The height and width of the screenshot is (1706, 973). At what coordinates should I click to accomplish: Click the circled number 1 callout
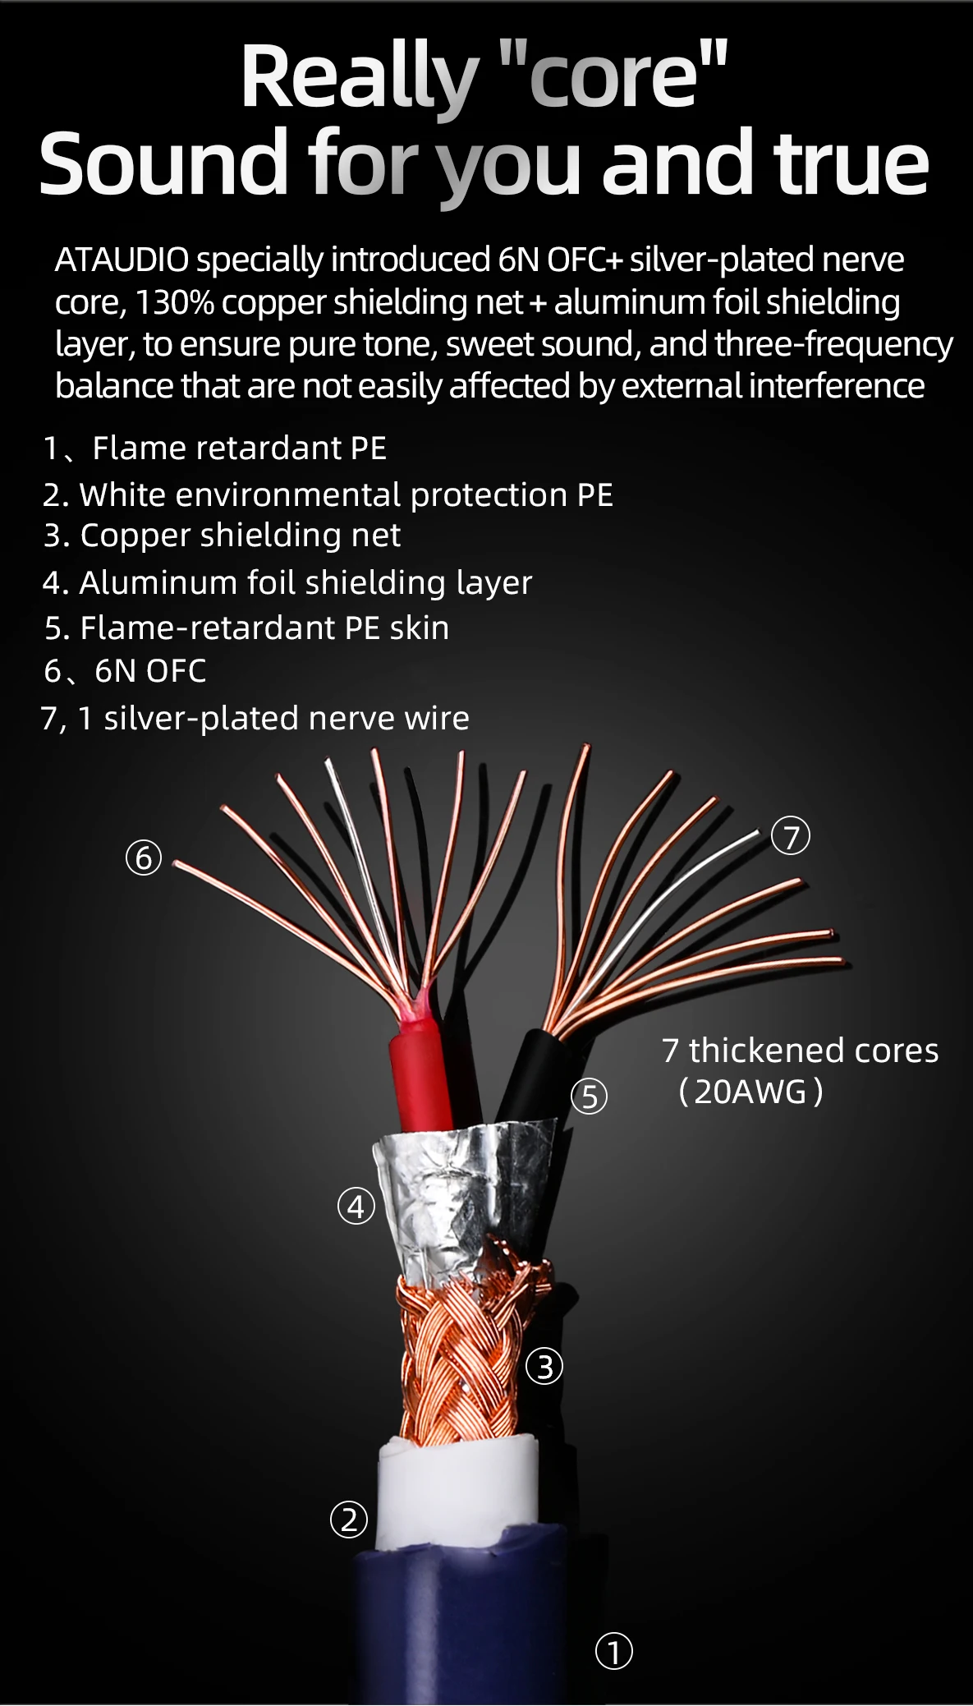coord(613,1651)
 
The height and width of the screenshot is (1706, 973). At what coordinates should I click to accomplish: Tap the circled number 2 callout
coord(349,1519)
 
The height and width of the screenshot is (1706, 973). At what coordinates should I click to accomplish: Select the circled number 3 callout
coord(544,1367)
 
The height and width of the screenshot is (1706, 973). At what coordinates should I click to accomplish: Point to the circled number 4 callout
coord(356,1206)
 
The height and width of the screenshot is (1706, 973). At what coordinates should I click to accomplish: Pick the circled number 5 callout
coord(590,1096)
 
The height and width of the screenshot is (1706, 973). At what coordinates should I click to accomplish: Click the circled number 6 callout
coord(144,858)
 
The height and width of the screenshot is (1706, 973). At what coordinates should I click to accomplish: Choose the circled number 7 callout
coord(791,836)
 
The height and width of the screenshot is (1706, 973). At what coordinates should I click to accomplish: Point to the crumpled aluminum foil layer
coord(460,1191)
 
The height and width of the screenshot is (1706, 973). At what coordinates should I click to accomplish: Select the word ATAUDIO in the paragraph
coord(122,260)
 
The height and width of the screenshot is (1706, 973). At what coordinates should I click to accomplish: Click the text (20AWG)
coord(750,1092)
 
